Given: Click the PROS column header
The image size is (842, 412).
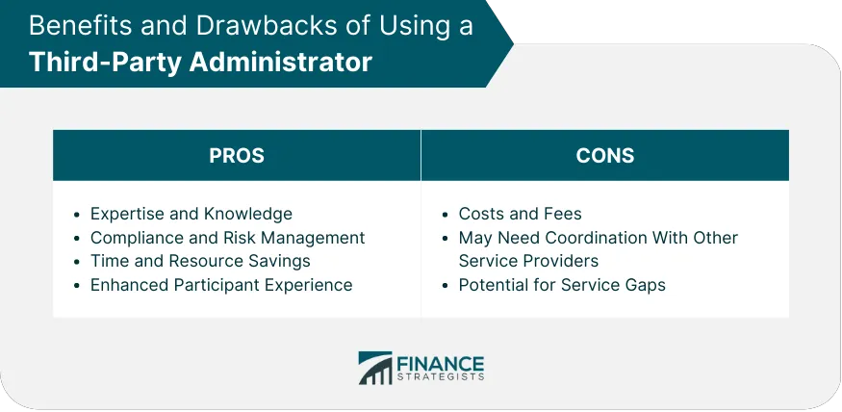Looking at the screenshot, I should pyautogui.click(x=237, y=156).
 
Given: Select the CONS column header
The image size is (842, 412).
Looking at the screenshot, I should pyautogui.click(x=604, y=156).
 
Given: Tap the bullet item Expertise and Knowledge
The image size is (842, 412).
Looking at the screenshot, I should pyautogui.click(x=191, y=214).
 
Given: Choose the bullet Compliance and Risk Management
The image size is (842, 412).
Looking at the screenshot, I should pyautogui.click(x=227, y=238).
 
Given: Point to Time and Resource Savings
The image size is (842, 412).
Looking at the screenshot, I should pyautogui.click(x=200, y=261).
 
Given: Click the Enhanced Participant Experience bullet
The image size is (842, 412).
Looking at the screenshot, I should pyautogui.click(x=221, y=285).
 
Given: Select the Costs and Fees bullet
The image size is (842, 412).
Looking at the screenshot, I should pyautogui.click(x=520, y=214).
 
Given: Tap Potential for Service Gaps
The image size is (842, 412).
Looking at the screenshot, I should pyautogui.click(x=562, y=285).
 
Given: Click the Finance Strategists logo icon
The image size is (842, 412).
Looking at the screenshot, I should pyautogui.click(x=373, y=368).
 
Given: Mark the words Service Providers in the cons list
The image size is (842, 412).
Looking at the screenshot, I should pyautogui.click(x=528, y=261).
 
